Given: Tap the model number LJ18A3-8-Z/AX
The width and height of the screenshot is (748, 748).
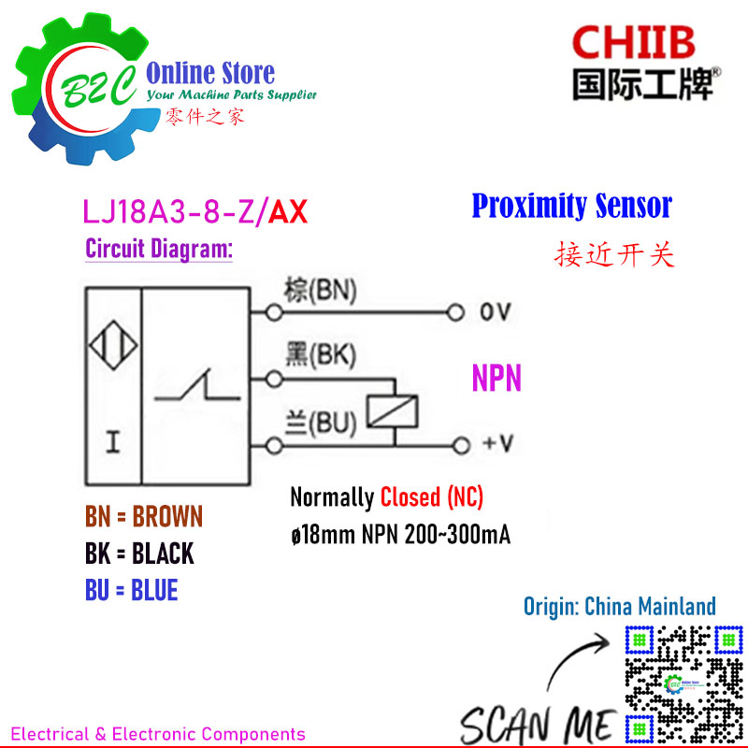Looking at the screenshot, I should [x=195, y=212].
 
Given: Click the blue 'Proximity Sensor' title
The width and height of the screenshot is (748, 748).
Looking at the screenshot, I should [x=571, y=206].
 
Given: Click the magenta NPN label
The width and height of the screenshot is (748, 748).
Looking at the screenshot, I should [x=496, y=379].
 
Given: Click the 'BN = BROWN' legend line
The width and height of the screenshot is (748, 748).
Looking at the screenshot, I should [x=143, y=517].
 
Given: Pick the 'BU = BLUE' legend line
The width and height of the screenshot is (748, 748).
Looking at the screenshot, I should [x=131, y=590].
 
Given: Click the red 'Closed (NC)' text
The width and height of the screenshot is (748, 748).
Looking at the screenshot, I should [x=431, y=497].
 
